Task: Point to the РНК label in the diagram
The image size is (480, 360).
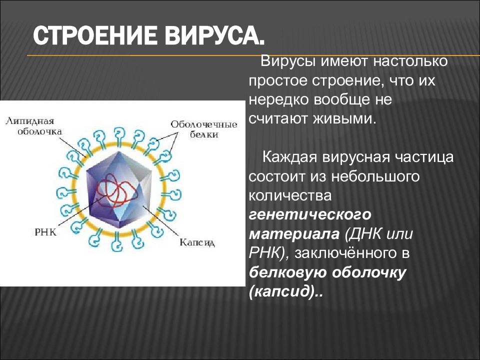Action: tap(46, 232)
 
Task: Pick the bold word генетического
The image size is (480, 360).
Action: tap(310, 215)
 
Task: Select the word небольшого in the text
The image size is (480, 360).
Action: tap(378, 176)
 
